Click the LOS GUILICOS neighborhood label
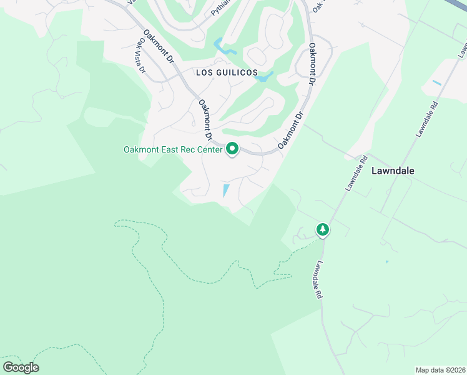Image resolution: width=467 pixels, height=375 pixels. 227,72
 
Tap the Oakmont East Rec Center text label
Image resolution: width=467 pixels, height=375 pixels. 172,149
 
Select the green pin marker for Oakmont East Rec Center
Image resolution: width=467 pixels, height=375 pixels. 232,149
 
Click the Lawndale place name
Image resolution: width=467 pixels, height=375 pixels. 393,170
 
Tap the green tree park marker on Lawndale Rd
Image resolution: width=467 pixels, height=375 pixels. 322,230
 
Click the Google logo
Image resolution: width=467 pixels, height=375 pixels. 21,367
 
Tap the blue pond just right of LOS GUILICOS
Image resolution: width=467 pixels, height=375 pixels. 265,77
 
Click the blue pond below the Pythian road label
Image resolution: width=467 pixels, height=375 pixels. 223,46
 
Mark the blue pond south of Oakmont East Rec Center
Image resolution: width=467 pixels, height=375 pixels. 225,190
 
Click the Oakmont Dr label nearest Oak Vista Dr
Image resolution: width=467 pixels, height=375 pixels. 158,47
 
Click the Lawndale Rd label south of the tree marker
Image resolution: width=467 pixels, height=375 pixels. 318,279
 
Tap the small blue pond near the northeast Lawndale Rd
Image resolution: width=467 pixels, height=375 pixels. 436,82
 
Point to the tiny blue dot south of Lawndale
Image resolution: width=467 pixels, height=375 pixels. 386,261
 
